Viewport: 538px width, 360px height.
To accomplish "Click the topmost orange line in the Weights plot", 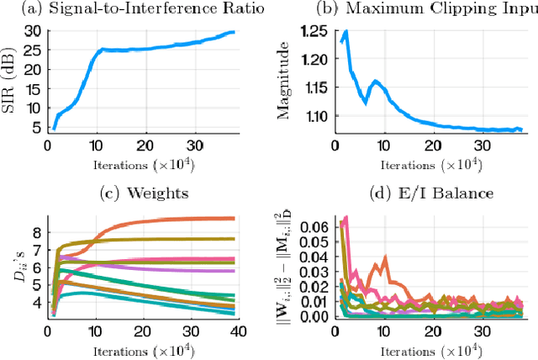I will pyautogui.click(x=168, y=220).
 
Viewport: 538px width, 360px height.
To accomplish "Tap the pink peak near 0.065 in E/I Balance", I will pyautogui.click(x=344, y=218).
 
